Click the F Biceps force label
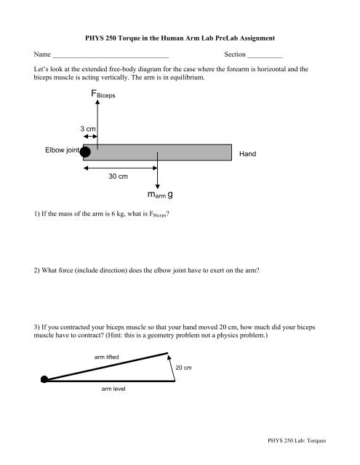click(x=103, y=94)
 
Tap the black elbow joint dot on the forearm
click(x=85, y=152)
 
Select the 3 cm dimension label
click(x=88, y=129)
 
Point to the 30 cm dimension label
click(x=118, y=176)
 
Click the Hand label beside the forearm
click(x=247, y=153)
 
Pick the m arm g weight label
click(x=160, y=195)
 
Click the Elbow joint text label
click(x=63, y=150)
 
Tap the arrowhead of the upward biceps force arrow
click(x=97, y=102)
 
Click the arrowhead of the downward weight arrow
click(x=157, y=186)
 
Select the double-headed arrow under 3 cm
click(x=90, y=137)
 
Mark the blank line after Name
click(x=111, y=57)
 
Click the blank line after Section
click(x=265, y=57)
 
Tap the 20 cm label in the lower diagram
click(x=183, y=368)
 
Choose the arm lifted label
click(x=107, y=357)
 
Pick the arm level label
click(x=113, y=389)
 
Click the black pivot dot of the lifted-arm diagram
click(x=44, y=379)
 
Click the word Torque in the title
click(x=129, y=39)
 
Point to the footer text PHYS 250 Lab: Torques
click(x=297, y=440)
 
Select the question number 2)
click(x=36, y=270)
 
